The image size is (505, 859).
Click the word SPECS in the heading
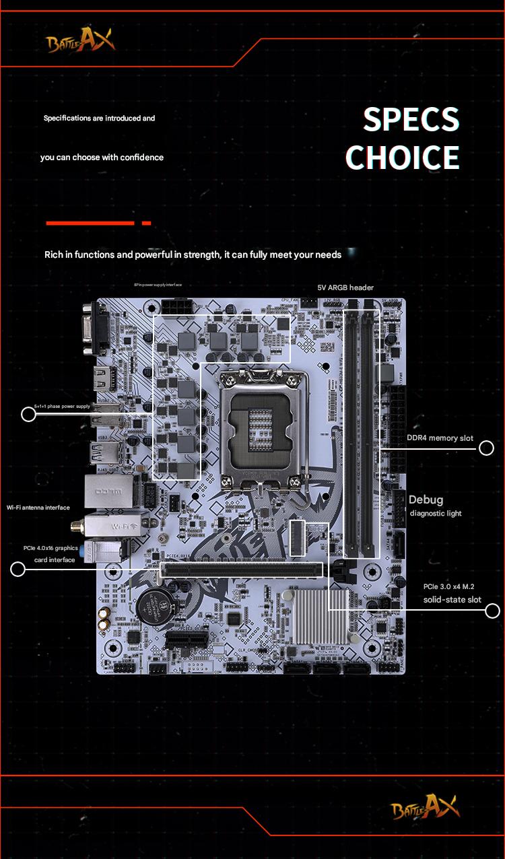click(x=411, y=120)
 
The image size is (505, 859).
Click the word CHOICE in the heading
click(x=402, y=157)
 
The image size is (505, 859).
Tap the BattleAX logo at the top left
click(x=80, y=42)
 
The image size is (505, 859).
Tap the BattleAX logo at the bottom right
click(x=425, y=807)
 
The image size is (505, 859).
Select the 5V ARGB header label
click(x=345, y=287)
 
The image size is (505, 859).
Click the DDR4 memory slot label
click(x=440, y=438)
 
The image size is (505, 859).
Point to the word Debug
click(x=426, y=500)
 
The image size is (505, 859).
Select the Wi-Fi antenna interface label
click(x=38, y=507)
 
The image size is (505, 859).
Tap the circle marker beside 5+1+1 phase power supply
click(x=28, y=414)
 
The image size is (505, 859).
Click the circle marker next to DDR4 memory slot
click(x=486, y=448)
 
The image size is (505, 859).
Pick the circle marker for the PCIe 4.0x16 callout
click(x=18, y=570)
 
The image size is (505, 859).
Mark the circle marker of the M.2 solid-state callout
click(x=492, y=611)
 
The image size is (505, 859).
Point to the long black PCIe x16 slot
click(x=240, y=570)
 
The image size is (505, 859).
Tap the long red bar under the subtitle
click(x=90, y=223)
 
